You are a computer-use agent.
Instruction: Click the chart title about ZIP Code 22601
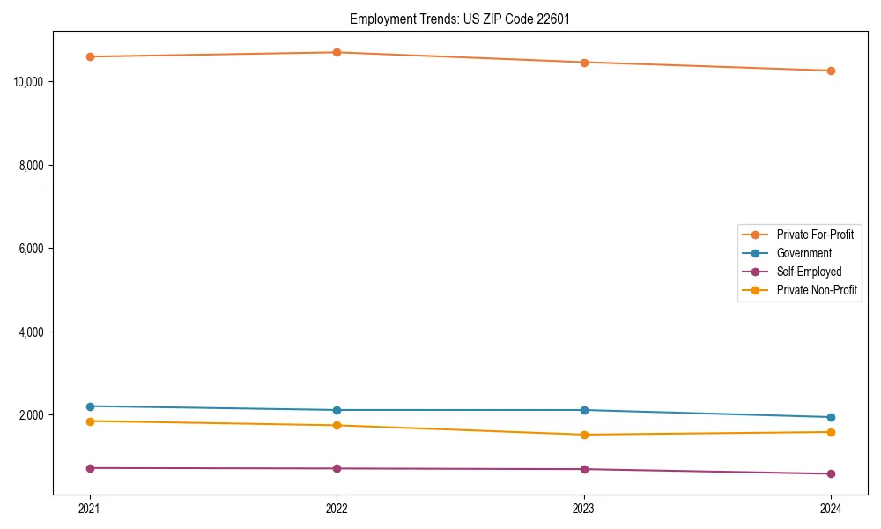460,19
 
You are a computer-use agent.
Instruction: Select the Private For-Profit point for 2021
90,56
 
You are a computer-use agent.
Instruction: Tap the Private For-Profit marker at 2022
337,52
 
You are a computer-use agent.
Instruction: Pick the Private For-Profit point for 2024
831,71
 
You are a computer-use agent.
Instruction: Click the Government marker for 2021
90,406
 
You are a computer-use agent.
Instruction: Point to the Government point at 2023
584,410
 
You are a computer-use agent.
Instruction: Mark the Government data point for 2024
831,417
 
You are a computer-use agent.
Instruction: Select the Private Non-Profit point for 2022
337,426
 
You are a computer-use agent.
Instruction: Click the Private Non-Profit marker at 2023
584,435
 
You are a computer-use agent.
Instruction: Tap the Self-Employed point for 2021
90,468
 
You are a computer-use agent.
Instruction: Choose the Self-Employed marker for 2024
831,473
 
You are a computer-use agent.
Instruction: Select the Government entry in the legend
803,253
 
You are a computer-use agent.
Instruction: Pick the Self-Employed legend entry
809,272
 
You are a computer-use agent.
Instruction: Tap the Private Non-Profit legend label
817,290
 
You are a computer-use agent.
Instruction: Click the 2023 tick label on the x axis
584,508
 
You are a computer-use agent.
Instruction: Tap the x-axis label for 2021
90,508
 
